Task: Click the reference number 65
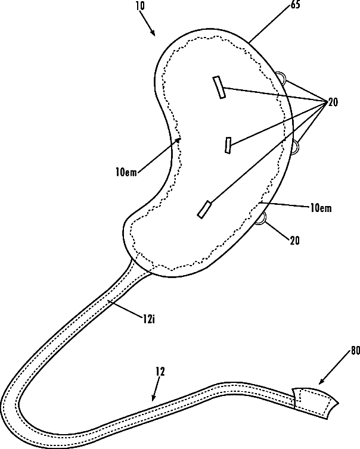262,5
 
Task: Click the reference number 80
355,351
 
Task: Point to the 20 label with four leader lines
333,102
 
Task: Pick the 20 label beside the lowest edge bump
295,241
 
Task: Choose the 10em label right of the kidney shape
321,208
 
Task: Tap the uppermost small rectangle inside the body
219,87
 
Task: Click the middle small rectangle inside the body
228,145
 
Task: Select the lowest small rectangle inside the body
204,209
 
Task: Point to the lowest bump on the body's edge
262,220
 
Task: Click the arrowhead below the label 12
154,397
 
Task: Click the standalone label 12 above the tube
159,371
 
